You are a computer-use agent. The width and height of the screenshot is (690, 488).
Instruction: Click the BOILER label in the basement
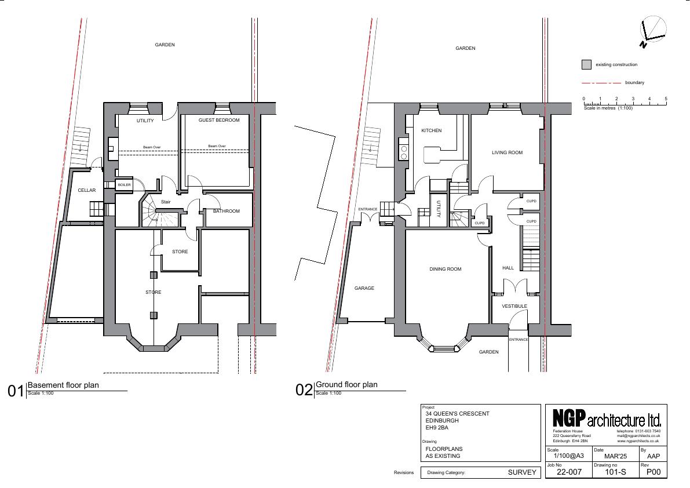tap(124, 185)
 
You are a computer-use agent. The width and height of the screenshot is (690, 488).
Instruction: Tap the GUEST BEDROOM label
tap(219, 120)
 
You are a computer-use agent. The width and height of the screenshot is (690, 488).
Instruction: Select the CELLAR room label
tap(87, 190)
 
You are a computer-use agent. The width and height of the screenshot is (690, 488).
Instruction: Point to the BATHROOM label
tap(226, 211)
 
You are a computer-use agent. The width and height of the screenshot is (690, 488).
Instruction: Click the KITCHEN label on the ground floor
tap(431, 130)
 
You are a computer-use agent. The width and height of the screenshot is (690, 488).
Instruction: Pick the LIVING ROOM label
tap(507, 152)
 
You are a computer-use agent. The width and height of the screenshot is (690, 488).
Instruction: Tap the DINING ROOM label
tap(446, 269)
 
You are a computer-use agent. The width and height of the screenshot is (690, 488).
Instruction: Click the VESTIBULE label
tap(514, 306)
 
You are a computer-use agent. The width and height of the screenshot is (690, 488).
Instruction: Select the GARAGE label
tap(364, 288)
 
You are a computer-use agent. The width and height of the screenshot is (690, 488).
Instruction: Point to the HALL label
tap(508, 268)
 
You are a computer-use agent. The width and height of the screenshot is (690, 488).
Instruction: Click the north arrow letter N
tap(643, 45)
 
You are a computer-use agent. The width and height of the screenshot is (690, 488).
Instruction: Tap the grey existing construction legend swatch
tap(586, 65)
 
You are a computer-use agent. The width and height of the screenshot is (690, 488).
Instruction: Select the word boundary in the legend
tap(634, 83)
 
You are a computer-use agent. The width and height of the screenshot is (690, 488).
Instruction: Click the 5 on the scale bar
tap(666, 99)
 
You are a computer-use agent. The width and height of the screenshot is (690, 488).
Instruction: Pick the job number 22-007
tap(569, 472)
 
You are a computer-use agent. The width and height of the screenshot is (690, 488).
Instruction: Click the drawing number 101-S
tap(615, 472)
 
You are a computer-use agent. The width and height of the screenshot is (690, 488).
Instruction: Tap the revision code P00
tap(654, 472)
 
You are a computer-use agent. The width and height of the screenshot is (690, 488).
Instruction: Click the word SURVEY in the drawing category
tap(522, 472)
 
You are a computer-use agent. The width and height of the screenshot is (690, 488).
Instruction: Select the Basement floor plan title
tap(63, 385)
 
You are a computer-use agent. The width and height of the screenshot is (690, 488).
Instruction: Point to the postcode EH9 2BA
tap(436, 428)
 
